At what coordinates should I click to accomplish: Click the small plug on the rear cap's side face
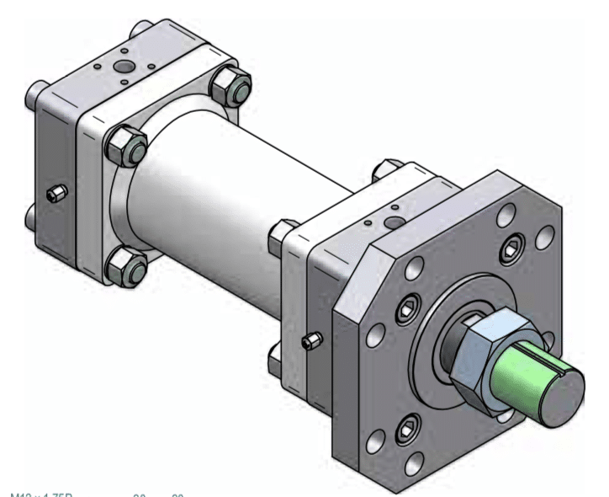[56, 195]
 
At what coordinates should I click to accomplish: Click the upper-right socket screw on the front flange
[513, 249]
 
